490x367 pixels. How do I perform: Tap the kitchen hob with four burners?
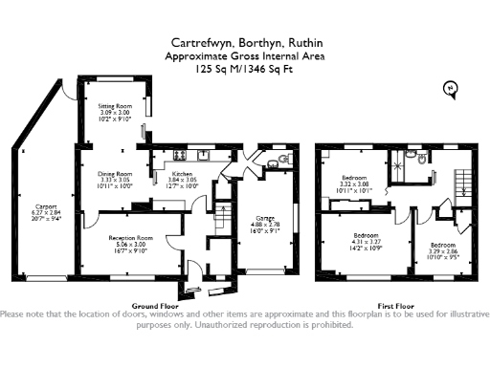179,153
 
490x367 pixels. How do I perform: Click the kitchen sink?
203,153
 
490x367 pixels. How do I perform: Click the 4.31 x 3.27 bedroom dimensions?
367,242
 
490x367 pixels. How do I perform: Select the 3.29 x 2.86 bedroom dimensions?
441,251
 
